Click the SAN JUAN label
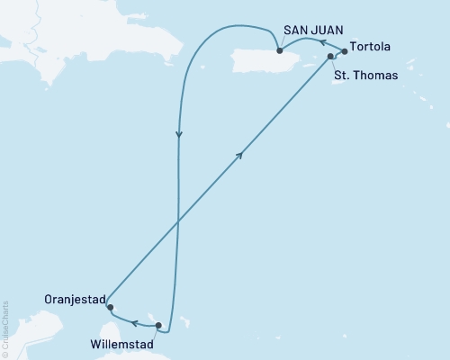coord(313,30)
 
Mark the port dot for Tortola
coord(345,52)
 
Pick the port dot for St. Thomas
coord(331,57)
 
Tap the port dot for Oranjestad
coord(110,308)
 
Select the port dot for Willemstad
coord(158,325)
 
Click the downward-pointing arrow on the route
coord(179,137)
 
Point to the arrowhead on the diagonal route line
coord(240,155)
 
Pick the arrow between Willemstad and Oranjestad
coord(133,321)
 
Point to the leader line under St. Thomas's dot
coord(334,64)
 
